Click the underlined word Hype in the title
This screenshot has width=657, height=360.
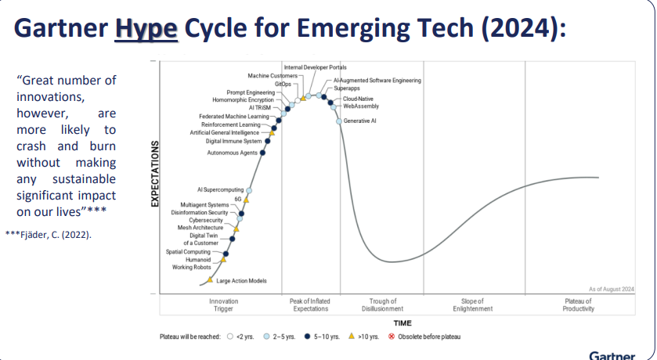[x=147, y=29]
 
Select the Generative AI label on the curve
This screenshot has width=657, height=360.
[x=360, y=121]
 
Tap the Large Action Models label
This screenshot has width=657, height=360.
[x=242, y=281]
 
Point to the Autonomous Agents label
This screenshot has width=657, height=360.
[x=232, y=153]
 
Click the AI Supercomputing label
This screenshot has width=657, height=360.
[x=220, y=190]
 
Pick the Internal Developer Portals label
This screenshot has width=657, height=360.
[x=314, y=68]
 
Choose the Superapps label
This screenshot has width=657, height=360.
[x=347, y=89]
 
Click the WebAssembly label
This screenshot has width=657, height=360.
[x=362, y=106]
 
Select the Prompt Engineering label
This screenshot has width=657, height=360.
[x=251, y=92]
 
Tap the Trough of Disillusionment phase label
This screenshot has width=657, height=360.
[x=383, y=305]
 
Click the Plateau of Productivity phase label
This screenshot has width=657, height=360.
[x=578, y=305]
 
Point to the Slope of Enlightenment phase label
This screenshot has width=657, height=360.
[x=473, y=305]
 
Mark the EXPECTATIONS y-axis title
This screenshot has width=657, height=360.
[x=154, y=174]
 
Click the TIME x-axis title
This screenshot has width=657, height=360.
[x=403, y=322]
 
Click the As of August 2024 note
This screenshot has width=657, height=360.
[x=612, y=289]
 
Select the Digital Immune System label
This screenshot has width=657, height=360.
[x=233, y=142]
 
